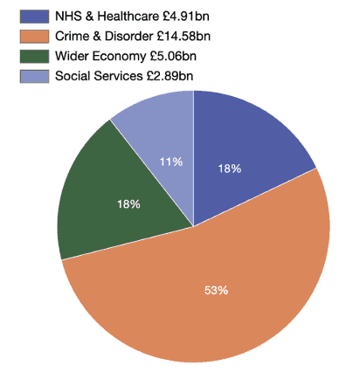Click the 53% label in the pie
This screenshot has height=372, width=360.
(216, 290)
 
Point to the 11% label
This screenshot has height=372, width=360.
(171, 162)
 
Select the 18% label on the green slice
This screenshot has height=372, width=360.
(128, 204)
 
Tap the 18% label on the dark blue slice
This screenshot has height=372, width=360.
(230, 169)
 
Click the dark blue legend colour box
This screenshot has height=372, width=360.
(34, 17)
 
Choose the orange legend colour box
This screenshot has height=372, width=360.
(34, 37)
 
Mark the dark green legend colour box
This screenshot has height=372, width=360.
(34, 56)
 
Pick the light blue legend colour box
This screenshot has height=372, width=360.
(34, 76)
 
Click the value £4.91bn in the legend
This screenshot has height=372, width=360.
(186, 17)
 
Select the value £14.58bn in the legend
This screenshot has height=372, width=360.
(183, 36)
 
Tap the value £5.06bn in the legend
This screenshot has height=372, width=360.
(173, 56)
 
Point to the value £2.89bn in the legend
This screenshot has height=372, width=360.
(170, 76)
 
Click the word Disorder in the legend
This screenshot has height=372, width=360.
(128, 36)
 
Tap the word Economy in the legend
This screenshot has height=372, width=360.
(119, 57)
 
